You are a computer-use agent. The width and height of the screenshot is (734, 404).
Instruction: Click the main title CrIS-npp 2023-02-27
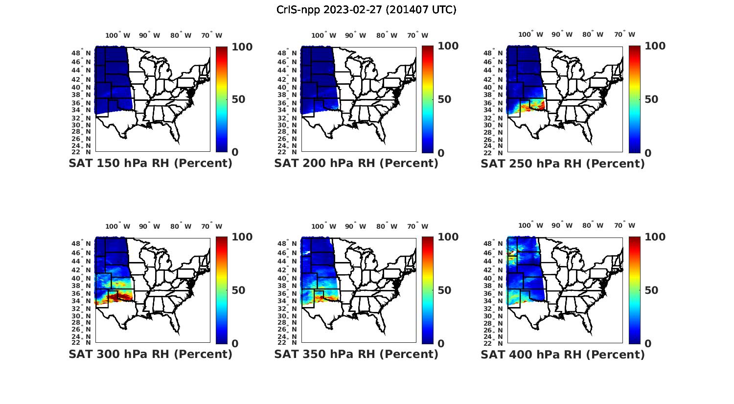[367, 9]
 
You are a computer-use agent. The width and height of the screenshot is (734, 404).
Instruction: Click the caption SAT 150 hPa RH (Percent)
[150, 164]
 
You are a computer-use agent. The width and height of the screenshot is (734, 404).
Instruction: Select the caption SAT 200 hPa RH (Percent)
[356, 164]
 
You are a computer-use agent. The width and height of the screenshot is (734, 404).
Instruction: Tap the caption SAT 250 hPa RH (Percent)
[563, 164]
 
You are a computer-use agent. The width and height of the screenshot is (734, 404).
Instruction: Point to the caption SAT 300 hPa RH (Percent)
[150, 354]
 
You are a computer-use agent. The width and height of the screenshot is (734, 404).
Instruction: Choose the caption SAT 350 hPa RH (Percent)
[356, 354]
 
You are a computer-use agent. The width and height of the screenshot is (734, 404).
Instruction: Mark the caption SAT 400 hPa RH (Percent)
[563, 354]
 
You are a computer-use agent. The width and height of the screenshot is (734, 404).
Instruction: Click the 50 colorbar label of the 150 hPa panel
[238, 99]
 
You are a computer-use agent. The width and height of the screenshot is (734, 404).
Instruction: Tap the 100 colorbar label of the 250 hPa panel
[655, 46]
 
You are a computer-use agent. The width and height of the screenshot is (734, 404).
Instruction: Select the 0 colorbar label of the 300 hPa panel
[235, 344]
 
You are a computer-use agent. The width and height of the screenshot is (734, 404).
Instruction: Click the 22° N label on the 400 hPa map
[498, 342]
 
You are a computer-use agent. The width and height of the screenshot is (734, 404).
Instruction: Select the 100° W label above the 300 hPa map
[118, 226]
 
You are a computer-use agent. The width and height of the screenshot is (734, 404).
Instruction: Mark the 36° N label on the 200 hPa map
[291, 103]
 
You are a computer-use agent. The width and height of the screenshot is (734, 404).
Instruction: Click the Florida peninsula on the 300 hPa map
[175, 326]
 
